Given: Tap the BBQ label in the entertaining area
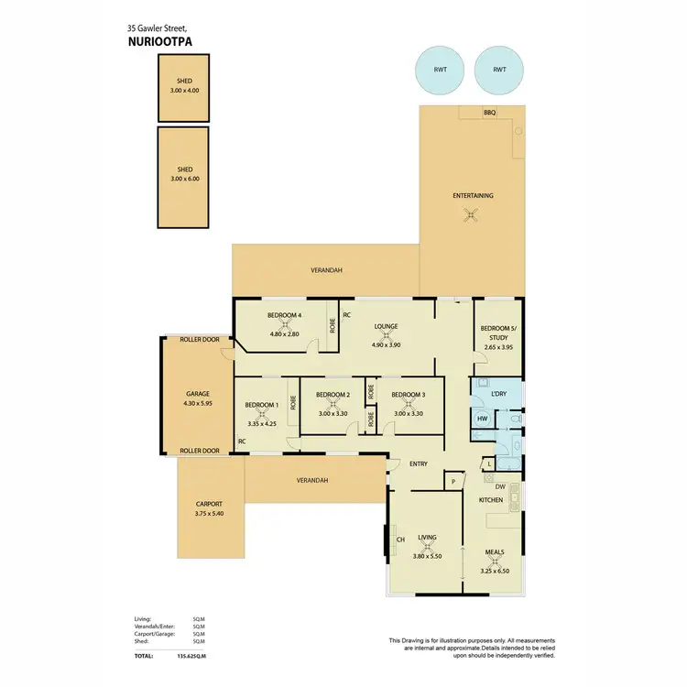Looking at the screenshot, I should pos(489,113).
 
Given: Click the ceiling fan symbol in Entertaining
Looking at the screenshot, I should pos(472,216).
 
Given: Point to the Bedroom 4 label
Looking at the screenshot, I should pos(285,315).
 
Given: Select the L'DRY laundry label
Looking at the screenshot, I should pos(498,394).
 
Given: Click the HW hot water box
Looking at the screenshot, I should pos(482,419).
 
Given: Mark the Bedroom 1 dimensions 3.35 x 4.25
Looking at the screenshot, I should pos(261,424).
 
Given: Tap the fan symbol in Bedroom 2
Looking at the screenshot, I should pos(333,404).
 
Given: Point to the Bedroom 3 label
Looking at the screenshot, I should pos(409,394).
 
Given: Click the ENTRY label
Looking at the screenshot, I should pos(419,463).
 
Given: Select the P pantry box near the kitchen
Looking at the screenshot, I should pos(453,480).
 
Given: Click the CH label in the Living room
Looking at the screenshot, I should pos(400,539).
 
